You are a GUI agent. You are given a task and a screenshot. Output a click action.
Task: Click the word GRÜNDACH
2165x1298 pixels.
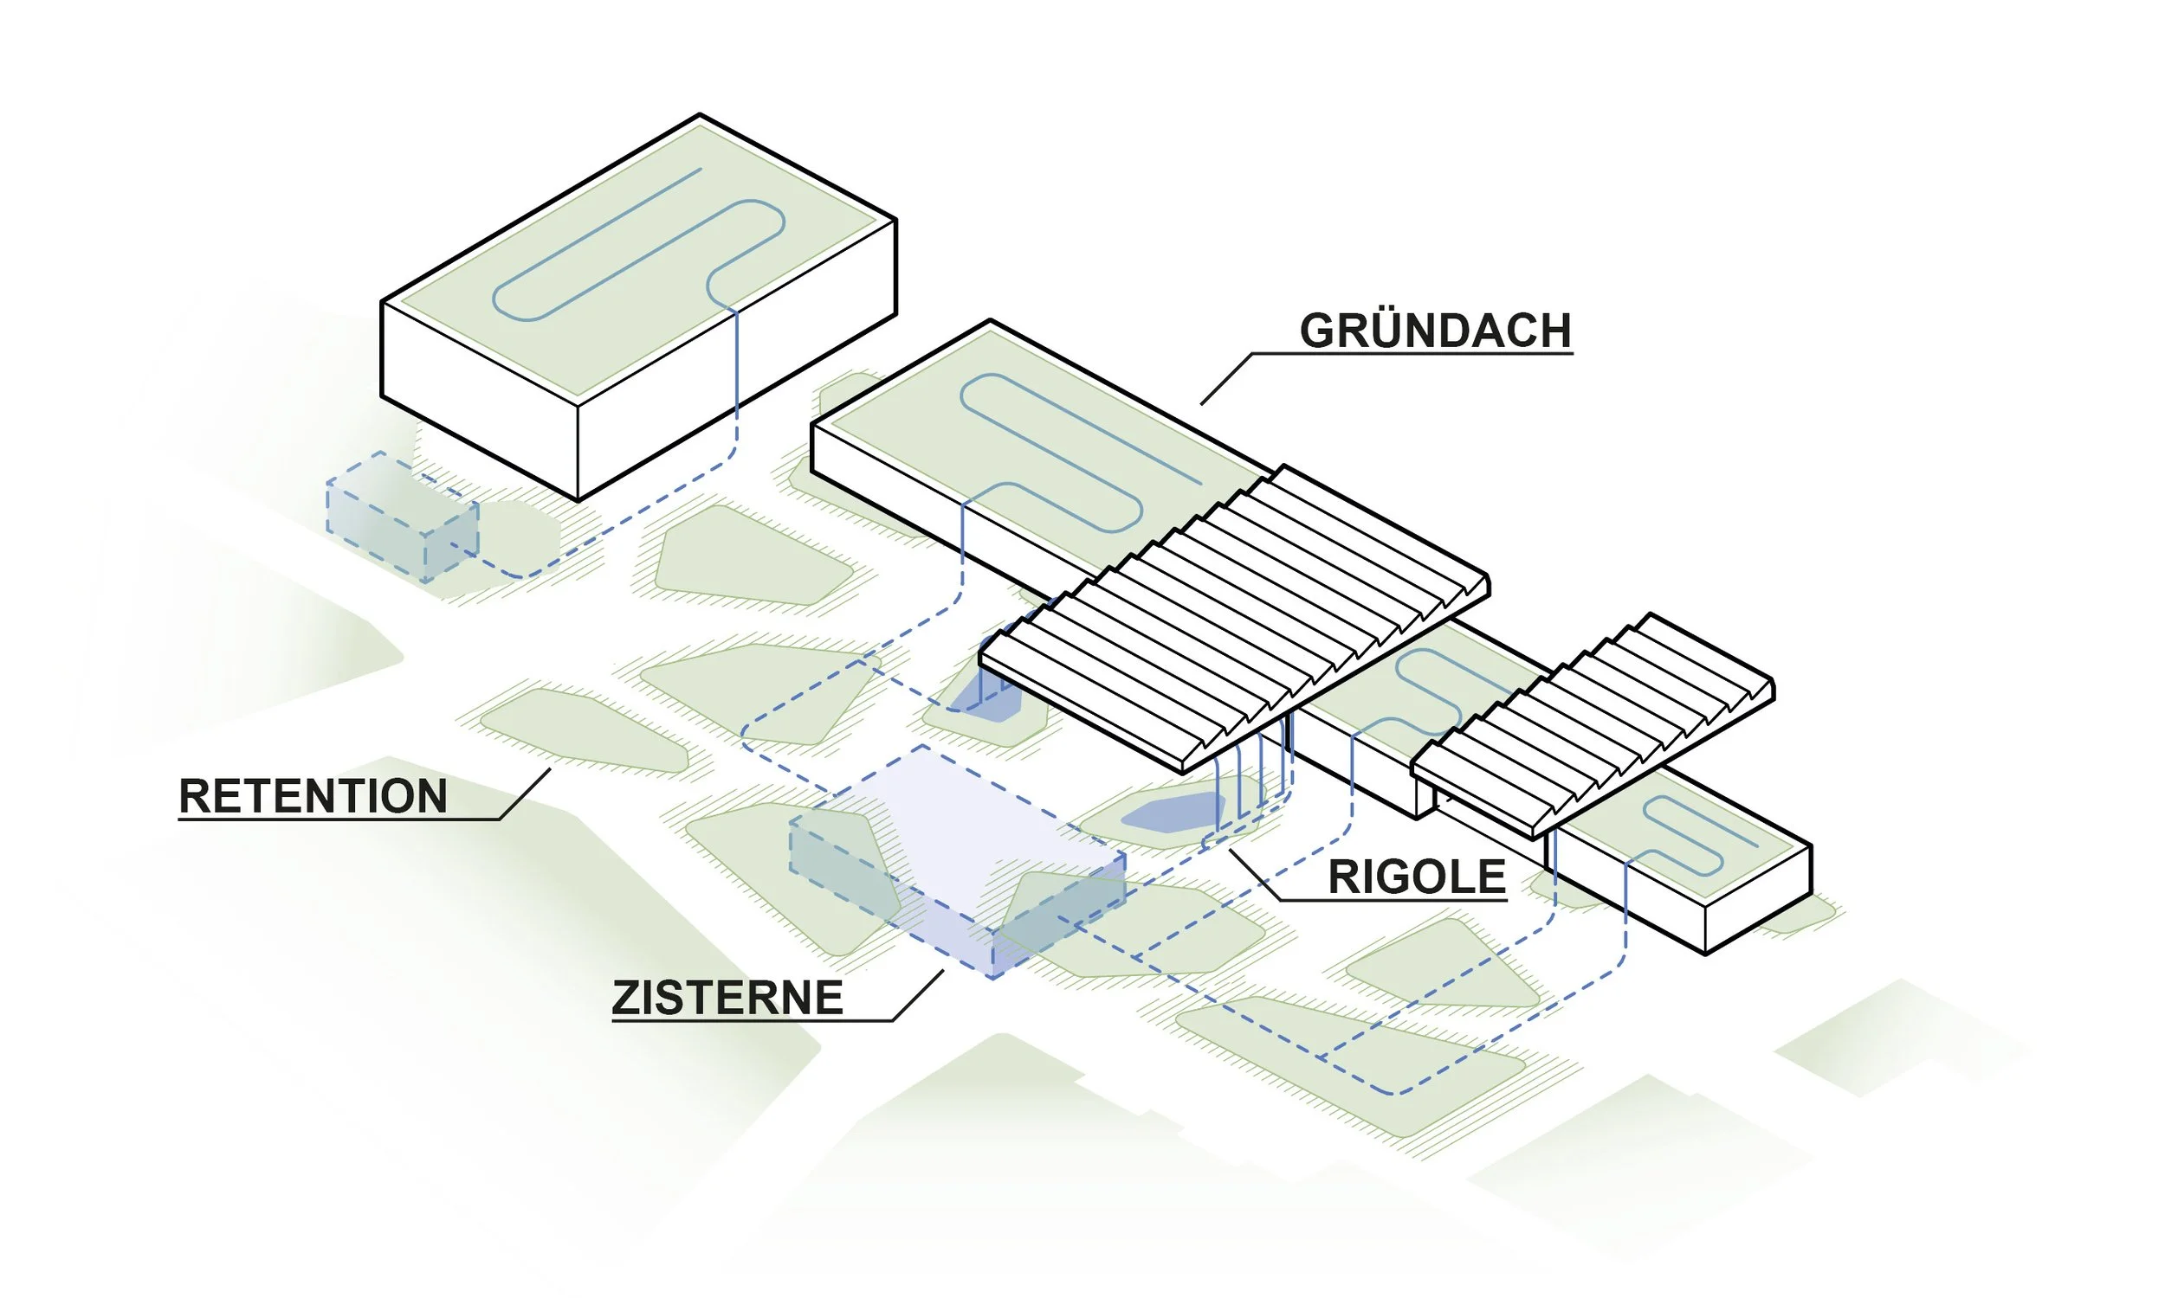coord(1435,331)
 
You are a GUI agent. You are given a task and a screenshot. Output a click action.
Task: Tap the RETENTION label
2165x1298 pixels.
coord(313,797)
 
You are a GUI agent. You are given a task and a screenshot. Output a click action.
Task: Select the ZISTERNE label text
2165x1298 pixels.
coord(727,999)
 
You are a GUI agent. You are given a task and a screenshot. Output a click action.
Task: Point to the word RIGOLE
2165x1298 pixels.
coord(1417,877)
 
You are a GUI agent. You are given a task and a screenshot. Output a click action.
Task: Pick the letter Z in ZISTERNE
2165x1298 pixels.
coord(625,999)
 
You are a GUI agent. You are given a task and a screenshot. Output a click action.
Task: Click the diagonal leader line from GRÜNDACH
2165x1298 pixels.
coord(1225,380)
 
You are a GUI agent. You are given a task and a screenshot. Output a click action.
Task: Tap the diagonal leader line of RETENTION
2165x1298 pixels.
coord(525,794)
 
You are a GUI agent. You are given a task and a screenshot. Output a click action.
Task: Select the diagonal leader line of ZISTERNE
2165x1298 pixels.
coord(918,995)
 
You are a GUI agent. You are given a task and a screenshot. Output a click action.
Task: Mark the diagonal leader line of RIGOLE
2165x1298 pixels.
coord(1254,875)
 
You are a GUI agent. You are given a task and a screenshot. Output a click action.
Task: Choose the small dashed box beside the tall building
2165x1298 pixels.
coord(403,516)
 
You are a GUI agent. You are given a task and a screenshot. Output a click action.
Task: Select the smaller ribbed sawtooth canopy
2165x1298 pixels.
coord(1593,726)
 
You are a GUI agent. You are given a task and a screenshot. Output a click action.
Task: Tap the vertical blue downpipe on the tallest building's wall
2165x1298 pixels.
coord(736,368)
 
